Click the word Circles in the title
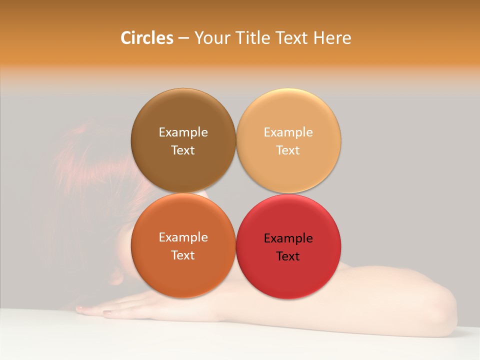(x=147, y=38)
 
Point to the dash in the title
(x=183, y=38)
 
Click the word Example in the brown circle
(x=183, y=132)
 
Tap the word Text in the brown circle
(x=183, y=150)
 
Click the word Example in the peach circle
(x=288, y=132)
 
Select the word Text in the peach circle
(x=288, y=150)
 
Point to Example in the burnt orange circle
(x=183, y=237)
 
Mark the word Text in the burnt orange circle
(x=183, y=255)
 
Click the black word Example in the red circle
(x=288, y=238)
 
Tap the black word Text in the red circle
(x=288, y=256)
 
